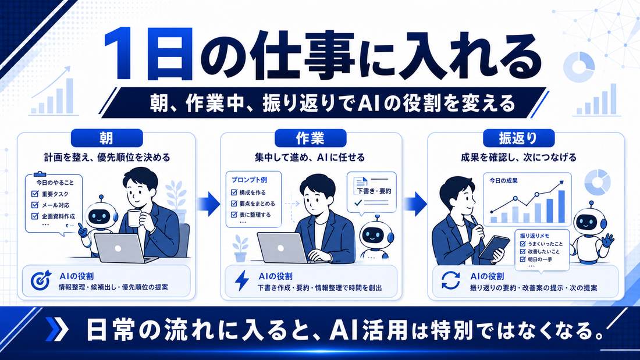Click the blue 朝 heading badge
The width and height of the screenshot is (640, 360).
[x=107, y=138]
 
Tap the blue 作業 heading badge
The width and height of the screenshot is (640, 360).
[x=310, y=138]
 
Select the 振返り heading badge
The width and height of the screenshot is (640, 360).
[x=518, y=138]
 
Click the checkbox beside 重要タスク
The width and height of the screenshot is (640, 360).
[x=35, y=194]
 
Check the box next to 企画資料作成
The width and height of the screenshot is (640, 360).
[x=35, y=216]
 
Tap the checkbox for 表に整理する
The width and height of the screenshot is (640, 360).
[x=234, y=214]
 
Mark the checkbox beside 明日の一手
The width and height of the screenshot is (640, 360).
[x=522, y=259]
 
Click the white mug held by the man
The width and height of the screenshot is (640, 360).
[x=134, y=218]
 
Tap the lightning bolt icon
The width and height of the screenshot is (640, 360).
[x=241, y=280]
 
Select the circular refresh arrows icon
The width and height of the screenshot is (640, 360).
[x=450, y=280]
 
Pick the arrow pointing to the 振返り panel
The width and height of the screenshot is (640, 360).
[x=415, y=203]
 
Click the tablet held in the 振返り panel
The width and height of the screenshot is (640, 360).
[x=495, y=247]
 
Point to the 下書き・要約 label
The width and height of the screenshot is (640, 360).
[x=374, y=191]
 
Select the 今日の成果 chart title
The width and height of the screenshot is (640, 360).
[x=504, y=180]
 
